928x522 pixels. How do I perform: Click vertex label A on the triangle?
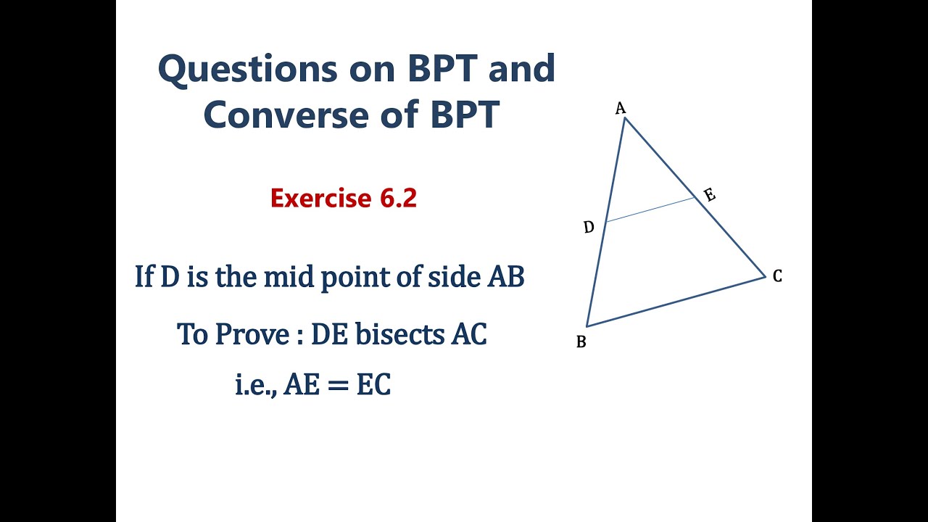620,109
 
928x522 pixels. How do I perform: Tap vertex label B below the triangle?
581,341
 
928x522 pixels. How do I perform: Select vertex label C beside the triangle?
777,276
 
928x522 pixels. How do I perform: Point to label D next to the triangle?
589,228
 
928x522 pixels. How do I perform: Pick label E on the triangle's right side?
710,195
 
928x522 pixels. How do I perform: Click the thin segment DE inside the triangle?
650,210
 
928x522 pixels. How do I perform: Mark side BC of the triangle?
676,302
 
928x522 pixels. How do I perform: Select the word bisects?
398,334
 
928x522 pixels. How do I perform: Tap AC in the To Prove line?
468,334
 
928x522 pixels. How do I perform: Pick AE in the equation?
301,386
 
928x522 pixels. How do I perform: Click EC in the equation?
373,386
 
